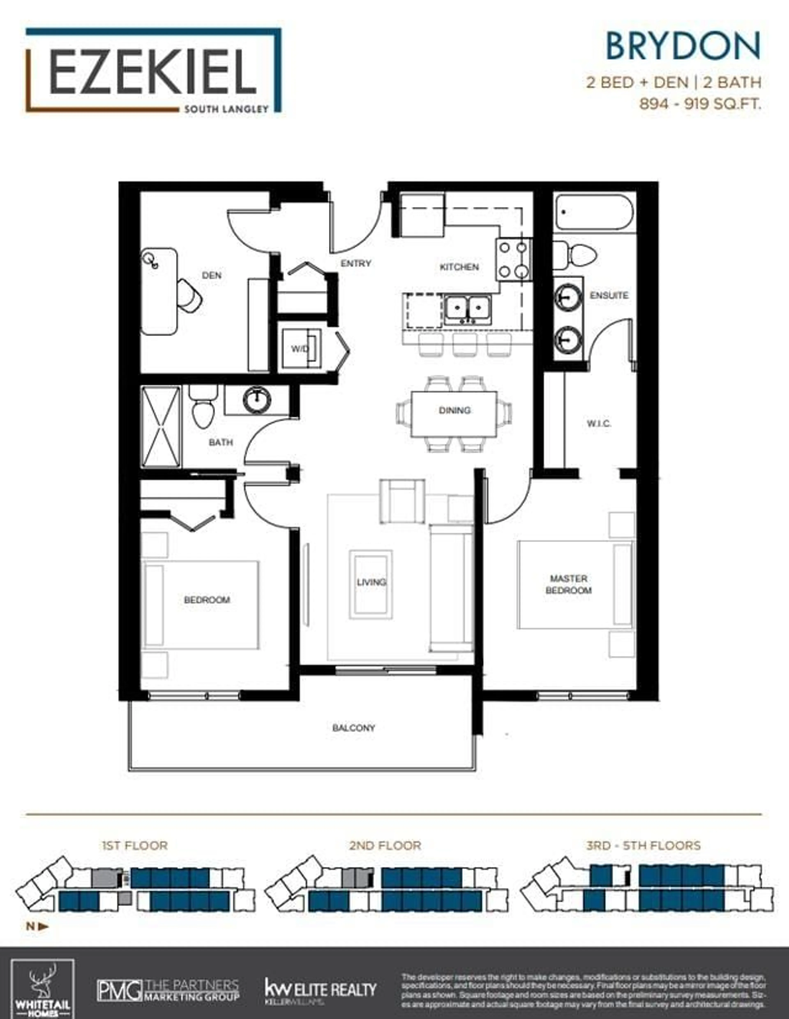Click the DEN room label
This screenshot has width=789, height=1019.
[x=211, y=275]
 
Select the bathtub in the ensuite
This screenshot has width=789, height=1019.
[x=594, y=212]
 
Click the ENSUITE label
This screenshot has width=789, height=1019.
[x=609, y=295]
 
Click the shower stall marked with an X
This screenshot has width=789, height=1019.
[x=160, y=426]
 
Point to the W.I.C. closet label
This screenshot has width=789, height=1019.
[x=598, y=424]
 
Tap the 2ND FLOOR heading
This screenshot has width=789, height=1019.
[x=385, y=845]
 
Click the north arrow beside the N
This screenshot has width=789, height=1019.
[x=43, y=927]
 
